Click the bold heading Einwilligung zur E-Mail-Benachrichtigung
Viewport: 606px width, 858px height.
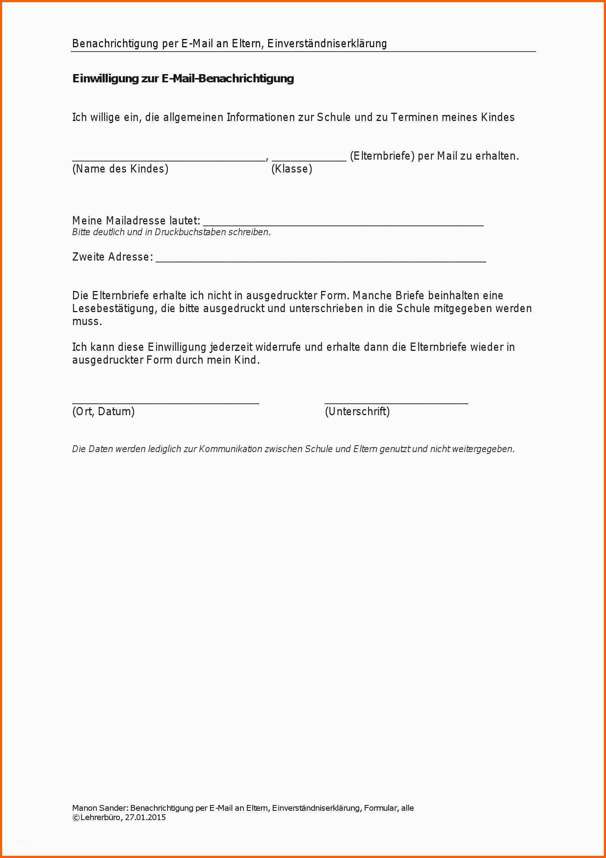coord(183,78)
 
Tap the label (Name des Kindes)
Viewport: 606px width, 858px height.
coord(120,169)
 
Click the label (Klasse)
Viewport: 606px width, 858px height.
coord(292,169)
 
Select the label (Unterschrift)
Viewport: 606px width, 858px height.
coord(357,411)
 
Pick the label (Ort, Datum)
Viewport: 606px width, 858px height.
coord(103,411)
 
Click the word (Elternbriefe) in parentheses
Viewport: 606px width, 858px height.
coord(382,156)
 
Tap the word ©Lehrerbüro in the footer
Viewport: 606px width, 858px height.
coord(96,817)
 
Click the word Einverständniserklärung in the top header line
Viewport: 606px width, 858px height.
coord(327,44)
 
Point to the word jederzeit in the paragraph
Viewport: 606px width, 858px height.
coord(231,347)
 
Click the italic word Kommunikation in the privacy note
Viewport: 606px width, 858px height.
coord(230,449)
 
